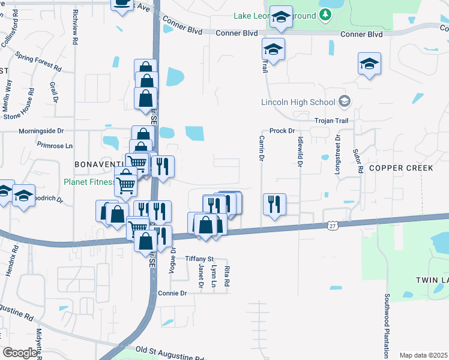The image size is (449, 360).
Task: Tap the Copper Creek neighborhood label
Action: coord(400,168)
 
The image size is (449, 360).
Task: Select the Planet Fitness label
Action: coord(89,182)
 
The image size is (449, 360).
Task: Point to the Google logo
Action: coord(19,352)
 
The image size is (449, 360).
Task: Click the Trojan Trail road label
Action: coord(331,121)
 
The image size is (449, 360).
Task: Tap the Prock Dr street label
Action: coord(282,131)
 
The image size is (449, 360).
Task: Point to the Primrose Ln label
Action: coord(54,145)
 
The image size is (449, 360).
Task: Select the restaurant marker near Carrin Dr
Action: coord(274,203)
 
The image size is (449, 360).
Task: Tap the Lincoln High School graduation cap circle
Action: coord(344,101)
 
